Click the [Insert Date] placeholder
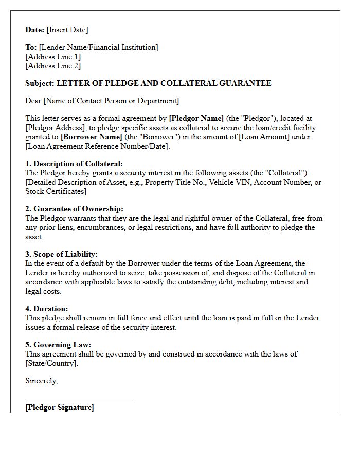tap(67, 30)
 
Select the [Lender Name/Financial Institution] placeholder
tap(98, 47)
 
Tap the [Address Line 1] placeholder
tap(53, 57)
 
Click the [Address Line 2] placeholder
tap(53, 66)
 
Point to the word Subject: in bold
tap(40, 83)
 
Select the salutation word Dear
tap(33, 101)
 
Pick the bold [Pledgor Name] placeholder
tap(196, 118)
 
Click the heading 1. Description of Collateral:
tap(74, 164)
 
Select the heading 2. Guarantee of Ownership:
tap(74, 209)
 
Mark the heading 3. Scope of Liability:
tap(61, 254)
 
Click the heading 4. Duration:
tap(46, 309)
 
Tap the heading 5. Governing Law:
tap(58, 345)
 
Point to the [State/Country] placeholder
tap(52, 363)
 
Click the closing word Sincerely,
tap(42, 381)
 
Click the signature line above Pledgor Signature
tap(79, 401)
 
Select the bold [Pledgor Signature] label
tap(60, 407)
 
